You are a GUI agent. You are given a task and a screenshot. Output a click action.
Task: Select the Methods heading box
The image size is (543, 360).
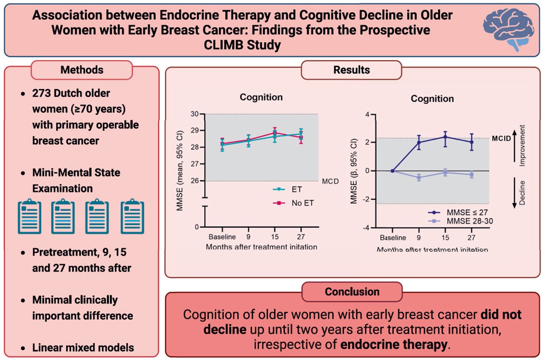click(x=82, y=69)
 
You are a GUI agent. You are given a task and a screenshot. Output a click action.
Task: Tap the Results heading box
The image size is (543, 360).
click(x=351, y=69)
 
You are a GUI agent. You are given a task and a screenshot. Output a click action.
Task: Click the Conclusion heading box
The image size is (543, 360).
click(x=352, y=292)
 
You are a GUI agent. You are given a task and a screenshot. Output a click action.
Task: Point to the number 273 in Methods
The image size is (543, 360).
click(x=42, y=93)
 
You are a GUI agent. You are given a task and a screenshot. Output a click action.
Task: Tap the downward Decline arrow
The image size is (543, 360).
click(x=515, y=193)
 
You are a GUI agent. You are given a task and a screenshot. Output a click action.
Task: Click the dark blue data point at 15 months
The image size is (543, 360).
click(x=445, y=137)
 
